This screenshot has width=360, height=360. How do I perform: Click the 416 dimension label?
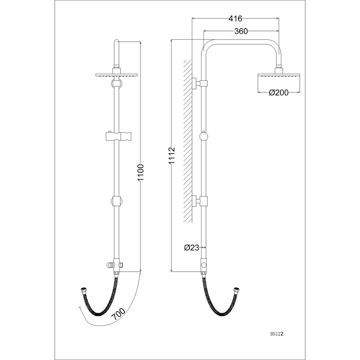(235, 18)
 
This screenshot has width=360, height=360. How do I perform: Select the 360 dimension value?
(241, 31)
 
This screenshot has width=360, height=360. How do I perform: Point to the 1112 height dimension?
(172, 156)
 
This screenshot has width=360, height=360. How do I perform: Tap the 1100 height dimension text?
(140, 172)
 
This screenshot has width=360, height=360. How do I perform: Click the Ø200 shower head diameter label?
(278, 92)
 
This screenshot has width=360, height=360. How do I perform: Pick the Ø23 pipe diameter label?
(192, 247)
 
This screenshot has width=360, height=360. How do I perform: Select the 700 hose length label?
(118, 314)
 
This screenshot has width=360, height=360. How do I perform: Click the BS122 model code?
(277, 334)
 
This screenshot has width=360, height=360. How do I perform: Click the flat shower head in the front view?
(116, 75)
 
